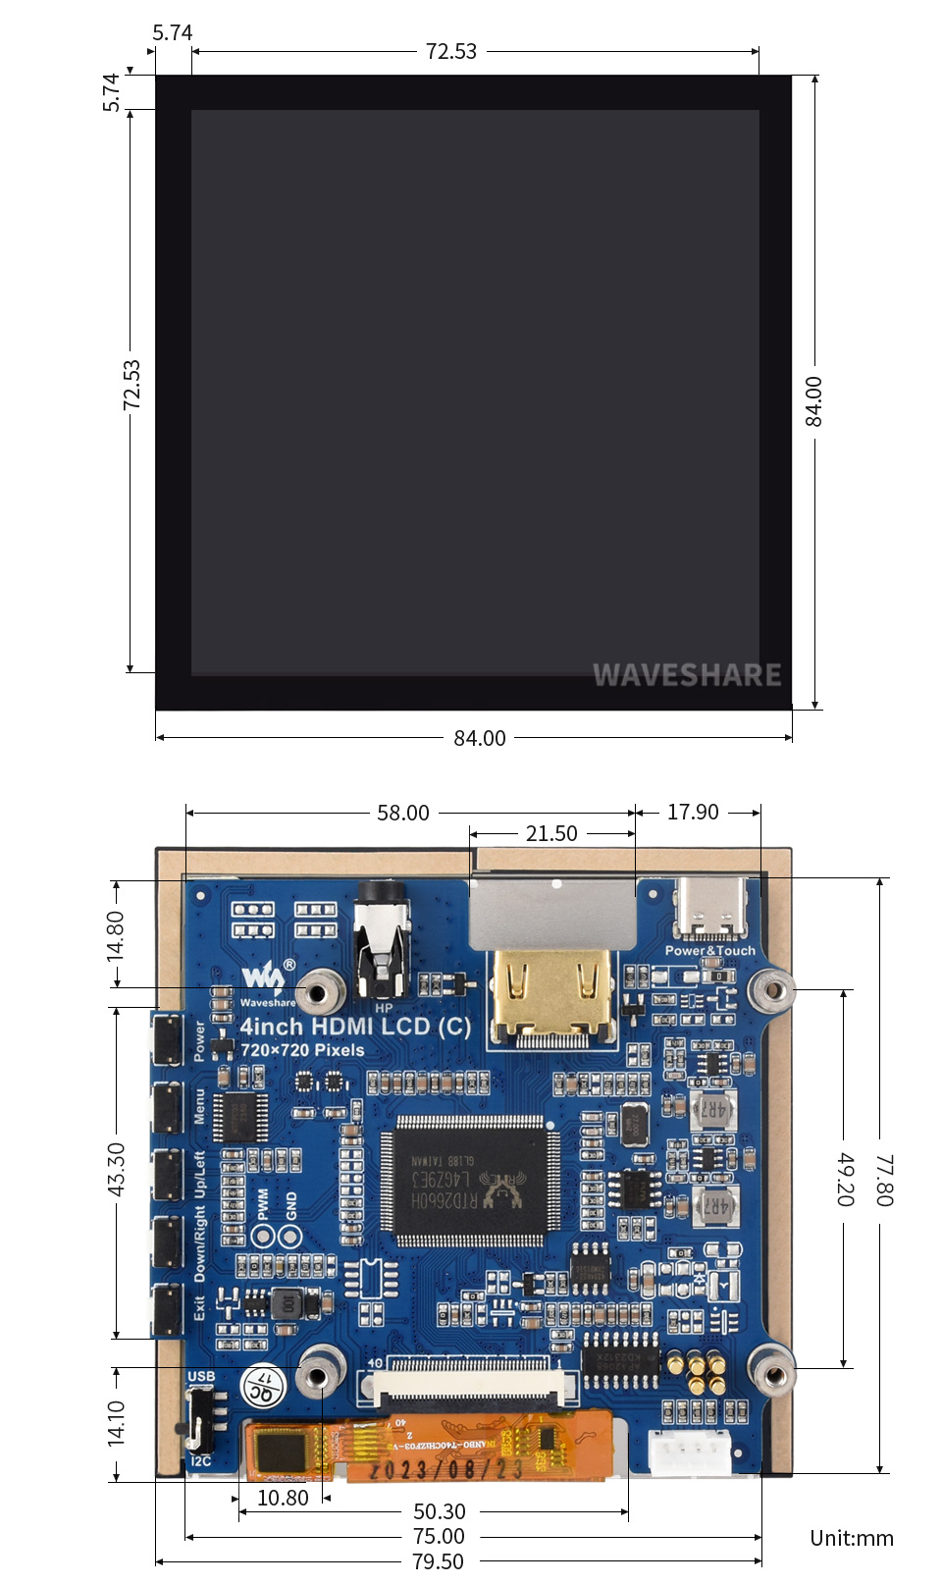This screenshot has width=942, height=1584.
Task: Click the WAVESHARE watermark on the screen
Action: click(x=687, y=675)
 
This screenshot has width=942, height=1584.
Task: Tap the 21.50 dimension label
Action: click(x=551, y=833)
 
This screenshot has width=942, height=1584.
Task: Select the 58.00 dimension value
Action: click(x=403, y=813)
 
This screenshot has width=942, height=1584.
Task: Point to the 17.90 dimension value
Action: click(x=693, y=812)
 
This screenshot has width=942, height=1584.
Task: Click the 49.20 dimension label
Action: click(x=845, y=1179)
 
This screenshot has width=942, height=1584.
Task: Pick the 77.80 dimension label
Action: click(x=884, y=1180)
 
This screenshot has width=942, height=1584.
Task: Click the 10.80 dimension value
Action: click(x=283, y=1498)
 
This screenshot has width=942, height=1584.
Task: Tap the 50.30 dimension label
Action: click(x=440, y=1511)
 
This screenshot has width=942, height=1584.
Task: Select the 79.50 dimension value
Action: click(x=438, y=1560)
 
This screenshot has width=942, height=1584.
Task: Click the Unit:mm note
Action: click(x=852, y=1538)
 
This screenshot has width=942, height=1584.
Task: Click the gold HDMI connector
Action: click(x=551, y=994)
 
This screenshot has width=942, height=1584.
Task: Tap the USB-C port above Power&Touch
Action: click(x=710, y=909)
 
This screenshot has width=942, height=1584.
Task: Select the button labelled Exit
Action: click(x=167, y=1309)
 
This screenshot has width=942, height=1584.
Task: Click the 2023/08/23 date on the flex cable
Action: click(x=446, y=1469)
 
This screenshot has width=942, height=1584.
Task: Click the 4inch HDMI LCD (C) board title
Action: click(x=355, y=1027)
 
